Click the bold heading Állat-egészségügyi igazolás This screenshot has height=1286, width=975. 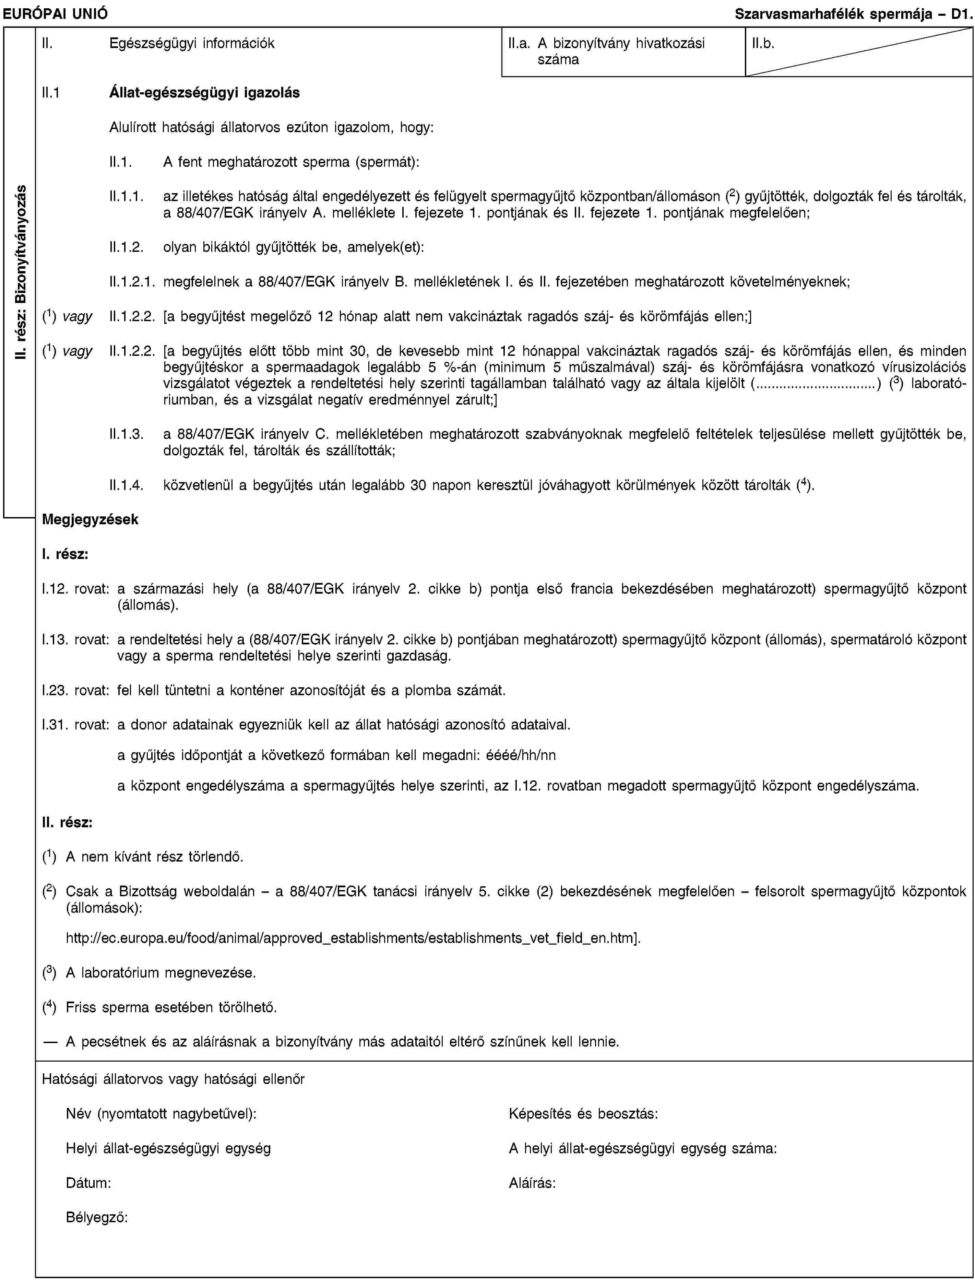click(204, 92)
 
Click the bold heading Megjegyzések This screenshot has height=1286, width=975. click(90, 519)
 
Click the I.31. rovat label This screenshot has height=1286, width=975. click(75, 724)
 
